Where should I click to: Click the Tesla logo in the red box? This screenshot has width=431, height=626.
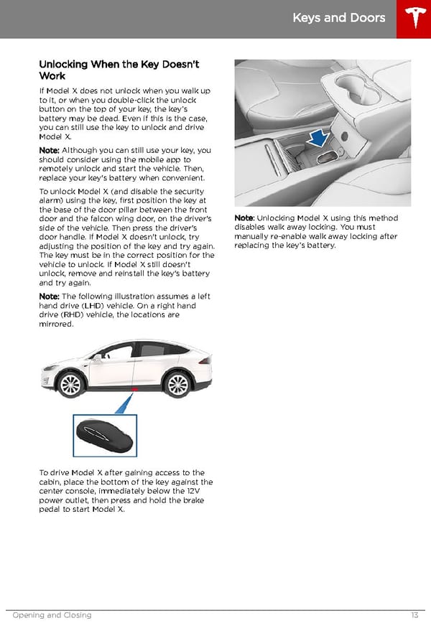click(413, 19)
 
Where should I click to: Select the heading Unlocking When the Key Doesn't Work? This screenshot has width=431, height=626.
click(119, 70)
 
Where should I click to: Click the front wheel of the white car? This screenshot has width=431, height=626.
click(71, 384)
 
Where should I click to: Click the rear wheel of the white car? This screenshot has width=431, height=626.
click(176, 385)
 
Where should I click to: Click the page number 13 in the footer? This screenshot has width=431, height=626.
click(414, 615)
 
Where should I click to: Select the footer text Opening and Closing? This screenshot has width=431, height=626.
click(52, 615)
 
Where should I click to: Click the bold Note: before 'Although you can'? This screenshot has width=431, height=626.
click(49, 150)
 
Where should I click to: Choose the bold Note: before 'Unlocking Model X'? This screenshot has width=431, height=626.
click(244, 218)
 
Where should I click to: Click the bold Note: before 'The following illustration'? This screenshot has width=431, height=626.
click(49, 296)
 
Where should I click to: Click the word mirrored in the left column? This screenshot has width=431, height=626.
click(56, 324)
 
